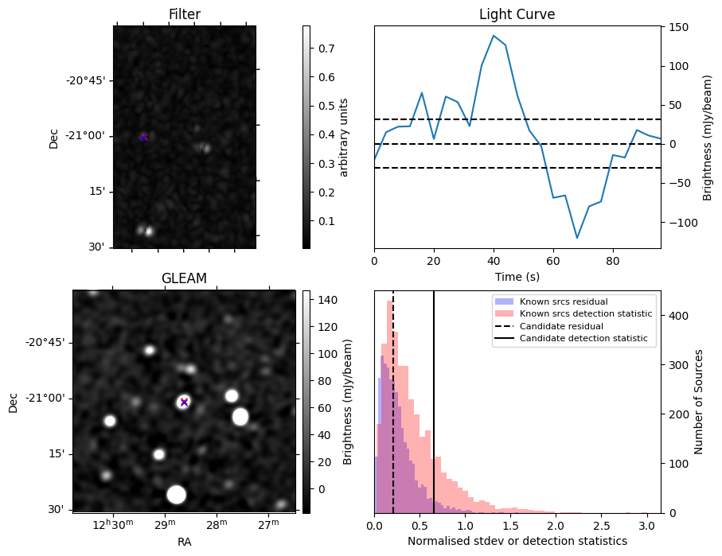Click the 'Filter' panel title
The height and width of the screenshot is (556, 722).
pos(185,14)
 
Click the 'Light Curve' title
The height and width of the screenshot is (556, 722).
pos(517,14)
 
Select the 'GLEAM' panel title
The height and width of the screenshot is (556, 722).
pos(184,278)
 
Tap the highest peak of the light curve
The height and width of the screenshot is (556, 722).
pos(494,35)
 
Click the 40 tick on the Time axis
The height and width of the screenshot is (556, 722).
pos(494,260)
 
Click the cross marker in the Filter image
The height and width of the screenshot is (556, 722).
pos(144,138)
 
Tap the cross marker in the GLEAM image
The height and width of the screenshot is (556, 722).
pos(184,402)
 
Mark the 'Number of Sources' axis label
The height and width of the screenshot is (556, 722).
pos(699,402)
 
